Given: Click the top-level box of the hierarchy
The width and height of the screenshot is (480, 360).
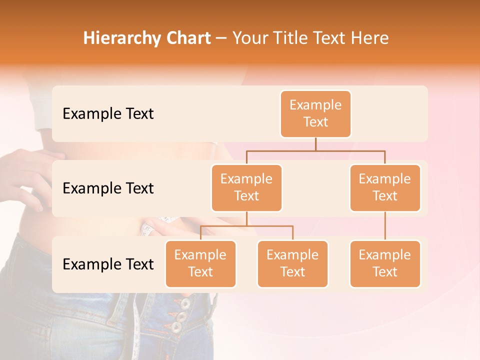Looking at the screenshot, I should point(315,113).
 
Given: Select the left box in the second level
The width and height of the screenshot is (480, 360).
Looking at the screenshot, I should point(246,187).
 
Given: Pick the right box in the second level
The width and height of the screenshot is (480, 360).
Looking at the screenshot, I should point(385,187).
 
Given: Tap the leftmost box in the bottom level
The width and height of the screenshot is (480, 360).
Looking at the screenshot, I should point(200,263).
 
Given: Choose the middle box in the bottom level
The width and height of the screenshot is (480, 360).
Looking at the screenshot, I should point(292,263).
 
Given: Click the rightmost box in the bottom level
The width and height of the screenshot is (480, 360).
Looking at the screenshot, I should point(385,263).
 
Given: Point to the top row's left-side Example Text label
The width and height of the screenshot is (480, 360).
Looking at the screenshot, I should point(108,114).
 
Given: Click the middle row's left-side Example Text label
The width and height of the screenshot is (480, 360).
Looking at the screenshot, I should point(108,188).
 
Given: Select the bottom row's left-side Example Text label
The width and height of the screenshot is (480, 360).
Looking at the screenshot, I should point(108,264).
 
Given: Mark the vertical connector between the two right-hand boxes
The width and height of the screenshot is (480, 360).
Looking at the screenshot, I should point(385,225).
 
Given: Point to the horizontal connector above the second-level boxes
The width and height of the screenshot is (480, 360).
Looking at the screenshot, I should point(315,150).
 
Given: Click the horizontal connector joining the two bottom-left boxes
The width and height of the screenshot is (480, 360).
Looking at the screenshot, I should point(246,226).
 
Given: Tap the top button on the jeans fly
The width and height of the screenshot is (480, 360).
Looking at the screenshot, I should point(185,303).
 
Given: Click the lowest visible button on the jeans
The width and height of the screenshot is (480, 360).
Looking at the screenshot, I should point(176,327).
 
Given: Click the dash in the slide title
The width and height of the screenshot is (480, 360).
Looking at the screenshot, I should point(221,39).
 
